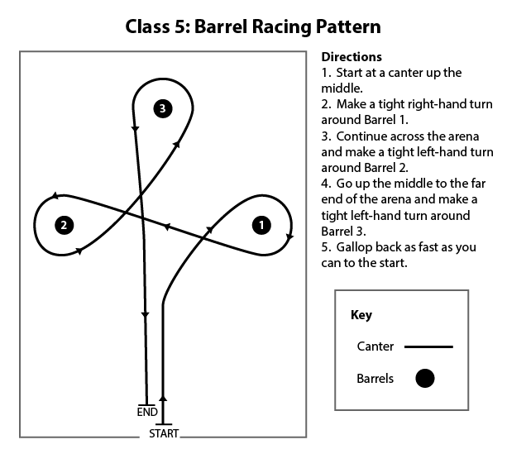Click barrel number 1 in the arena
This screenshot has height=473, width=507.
[261, 224]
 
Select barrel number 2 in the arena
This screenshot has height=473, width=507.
[63, 224]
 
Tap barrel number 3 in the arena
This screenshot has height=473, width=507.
[162, 108]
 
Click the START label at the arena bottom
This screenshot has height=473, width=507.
[163, 433]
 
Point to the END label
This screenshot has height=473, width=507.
[147, 411]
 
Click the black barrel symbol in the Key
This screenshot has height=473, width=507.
[424, 379]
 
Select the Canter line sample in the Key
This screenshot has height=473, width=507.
[428, 346]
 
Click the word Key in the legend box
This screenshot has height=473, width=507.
[361, 315]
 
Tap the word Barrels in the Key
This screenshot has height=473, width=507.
[375, 379]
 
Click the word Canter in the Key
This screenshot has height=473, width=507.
[375, 346]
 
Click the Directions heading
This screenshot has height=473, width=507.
[352, 57]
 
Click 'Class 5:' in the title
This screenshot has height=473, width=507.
[158, 26]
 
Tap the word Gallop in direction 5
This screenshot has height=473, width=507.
[356, 247]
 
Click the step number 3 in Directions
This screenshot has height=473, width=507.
[324, 136]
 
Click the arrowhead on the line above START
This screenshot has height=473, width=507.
[163, 399]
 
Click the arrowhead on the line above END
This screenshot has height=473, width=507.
[146, 313]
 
